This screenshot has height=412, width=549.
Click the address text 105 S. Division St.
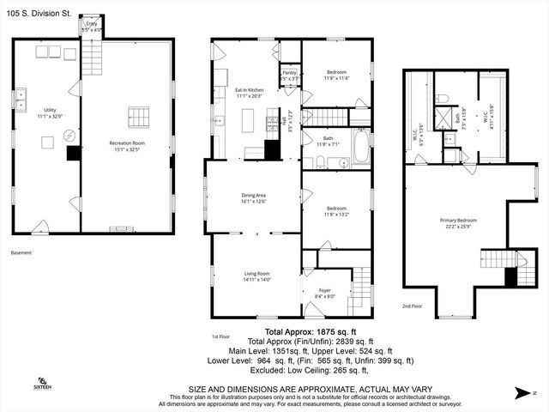pos(39,12)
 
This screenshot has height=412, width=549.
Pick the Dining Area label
pos(253,197)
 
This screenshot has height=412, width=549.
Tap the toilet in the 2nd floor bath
pos(442,99)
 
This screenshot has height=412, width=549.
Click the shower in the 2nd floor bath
pos(444,118)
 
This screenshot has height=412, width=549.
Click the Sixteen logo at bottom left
pos(41,383)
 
